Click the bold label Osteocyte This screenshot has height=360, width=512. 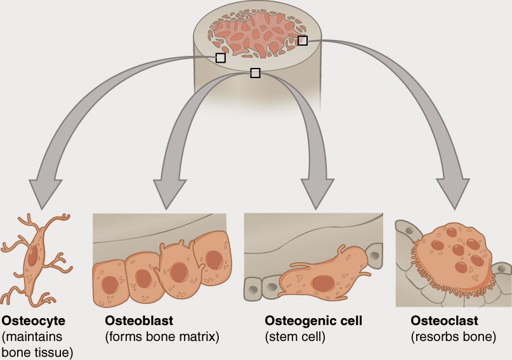(34, 320)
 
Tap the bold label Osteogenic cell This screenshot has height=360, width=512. (313, 320)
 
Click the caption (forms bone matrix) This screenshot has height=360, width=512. (155, 337)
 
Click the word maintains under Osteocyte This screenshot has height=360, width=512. (39, 337)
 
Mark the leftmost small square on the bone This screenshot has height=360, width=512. (220, 58)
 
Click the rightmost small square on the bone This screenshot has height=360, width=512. (303, 41)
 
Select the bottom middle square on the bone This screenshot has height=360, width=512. (255, 73)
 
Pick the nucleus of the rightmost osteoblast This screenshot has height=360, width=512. (214, 259)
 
